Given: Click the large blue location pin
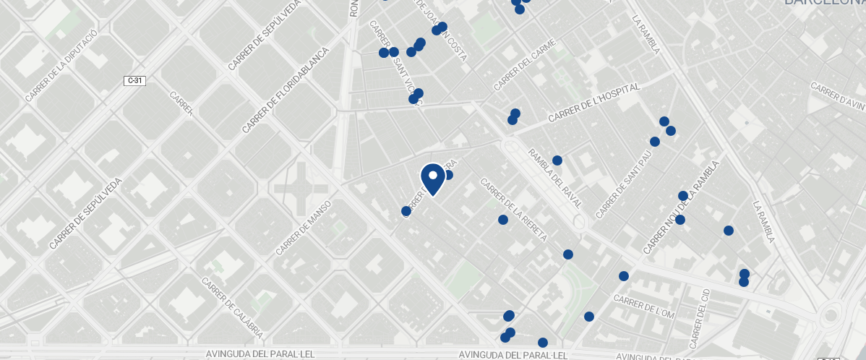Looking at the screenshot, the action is point(432,178).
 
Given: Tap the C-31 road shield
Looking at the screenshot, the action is point(135,80).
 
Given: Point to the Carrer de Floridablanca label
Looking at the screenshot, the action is point(285,90).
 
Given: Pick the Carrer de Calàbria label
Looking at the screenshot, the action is point(232,309).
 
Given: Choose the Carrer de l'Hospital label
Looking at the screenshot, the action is point(593,103).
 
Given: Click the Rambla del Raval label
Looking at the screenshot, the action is point(554,179).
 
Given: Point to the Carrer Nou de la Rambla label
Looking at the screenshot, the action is point(681,207).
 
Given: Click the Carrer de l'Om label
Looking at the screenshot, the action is point(643,306).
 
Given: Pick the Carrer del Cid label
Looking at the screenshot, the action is point(700,319).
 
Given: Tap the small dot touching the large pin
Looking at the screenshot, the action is point(447,175).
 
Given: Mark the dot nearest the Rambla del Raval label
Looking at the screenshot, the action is point(557,160).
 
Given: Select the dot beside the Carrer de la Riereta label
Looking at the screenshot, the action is point(503,220).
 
